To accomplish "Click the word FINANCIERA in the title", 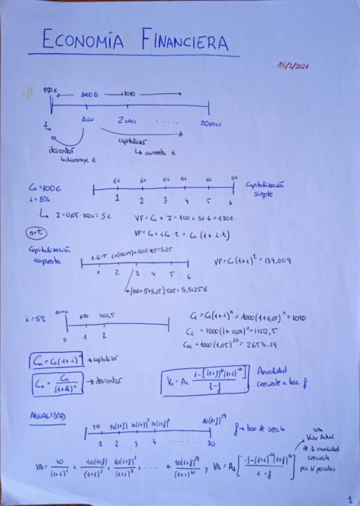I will (185, 41).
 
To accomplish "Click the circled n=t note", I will (35, 233).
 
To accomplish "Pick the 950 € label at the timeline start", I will (49, 90).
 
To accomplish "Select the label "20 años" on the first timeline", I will (210, 123).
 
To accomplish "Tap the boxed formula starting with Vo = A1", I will (205, 380).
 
